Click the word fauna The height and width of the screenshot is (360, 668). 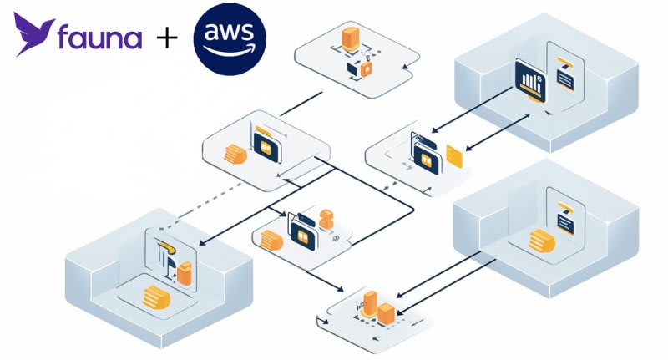click(x=100, y=38)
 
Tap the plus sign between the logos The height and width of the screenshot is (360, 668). click(x=166, y=38)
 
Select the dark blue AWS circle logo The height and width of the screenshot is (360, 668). click(x=229, y=38)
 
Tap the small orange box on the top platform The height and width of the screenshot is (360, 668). click(x=366, y=69)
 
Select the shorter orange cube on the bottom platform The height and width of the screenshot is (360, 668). click(x=387, y=314)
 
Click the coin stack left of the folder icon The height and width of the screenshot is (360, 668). click(x=235, y=155)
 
